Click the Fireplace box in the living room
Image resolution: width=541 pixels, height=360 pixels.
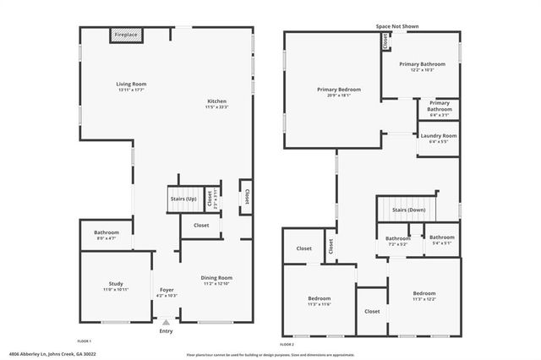[x=127, y=35]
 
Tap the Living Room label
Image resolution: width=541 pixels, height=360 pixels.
[x=132, y=86]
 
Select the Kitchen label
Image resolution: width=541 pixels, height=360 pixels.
[x=217, y=104]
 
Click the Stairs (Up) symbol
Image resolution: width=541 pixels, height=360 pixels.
[x=184, y=199]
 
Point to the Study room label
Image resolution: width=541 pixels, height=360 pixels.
[x=116, y=286]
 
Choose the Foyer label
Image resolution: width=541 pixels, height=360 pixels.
[x=167, y=292]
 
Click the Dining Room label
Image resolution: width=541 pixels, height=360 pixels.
[x=216, y=281]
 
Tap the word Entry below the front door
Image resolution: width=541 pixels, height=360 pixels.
[x=167, y=331]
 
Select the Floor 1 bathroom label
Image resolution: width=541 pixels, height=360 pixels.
[x=107, y=235]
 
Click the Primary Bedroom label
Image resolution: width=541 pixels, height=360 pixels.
[x=339, y=91]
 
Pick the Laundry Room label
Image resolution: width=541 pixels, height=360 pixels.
[x=438, y=138]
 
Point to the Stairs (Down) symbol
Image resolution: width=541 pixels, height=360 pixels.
[x=409, y=210]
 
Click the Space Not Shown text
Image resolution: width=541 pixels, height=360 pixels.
[x=397, y=27]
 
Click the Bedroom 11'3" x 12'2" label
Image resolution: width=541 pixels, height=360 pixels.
[x=424, y=296]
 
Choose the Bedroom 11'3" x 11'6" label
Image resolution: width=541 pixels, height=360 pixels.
[x=319, y=301]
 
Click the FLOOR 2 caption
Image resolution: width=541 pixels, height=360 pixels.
[x=287, y=344]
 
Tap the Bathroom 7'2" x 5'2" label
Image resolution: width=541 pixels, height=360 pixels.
[x=397, y=240]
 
